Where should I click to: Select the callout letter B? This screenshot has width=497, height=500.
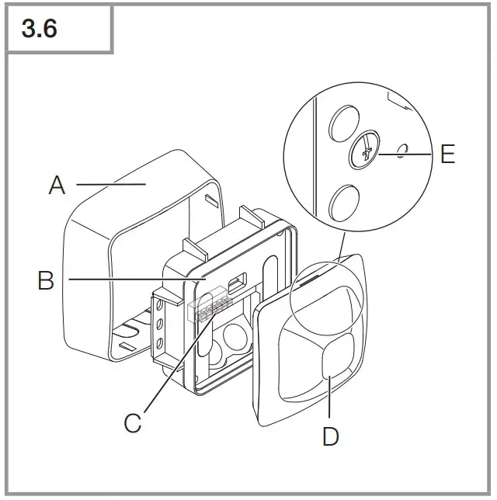46,280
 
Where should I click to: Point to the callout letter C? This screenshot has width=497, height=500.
133,423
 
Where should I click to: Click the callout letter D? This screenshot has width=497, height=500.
330,436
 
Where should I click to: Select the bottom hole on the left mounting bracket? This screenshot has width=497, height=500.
159,341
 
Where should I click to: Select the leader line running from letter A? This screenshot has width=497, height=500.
109,185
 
